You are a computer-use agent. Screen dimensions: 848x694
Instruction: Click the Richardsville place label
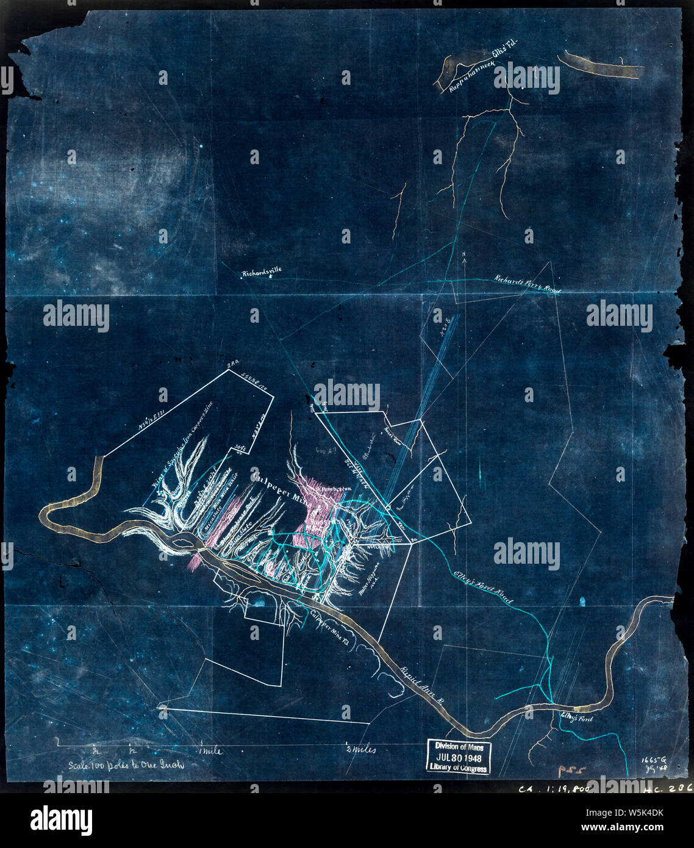pos(262,273)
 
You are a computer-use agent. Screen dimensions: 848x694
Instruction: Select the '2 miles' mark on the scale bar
pos(360,750)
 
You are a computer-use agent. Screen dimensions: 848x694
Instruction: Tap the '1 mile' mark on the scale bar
pos(209,751)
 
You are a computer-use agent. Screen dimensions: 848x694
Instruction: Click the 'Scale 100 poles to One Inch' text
pos(126,764)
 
